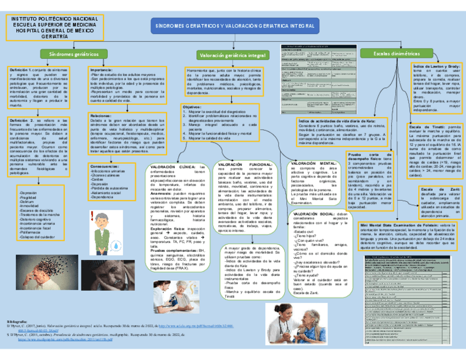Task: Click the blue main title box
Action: coord(235,26)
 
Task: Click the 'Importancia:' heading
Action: coord(102,70)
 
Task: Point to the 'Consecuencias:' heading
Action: coord(104,166)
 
